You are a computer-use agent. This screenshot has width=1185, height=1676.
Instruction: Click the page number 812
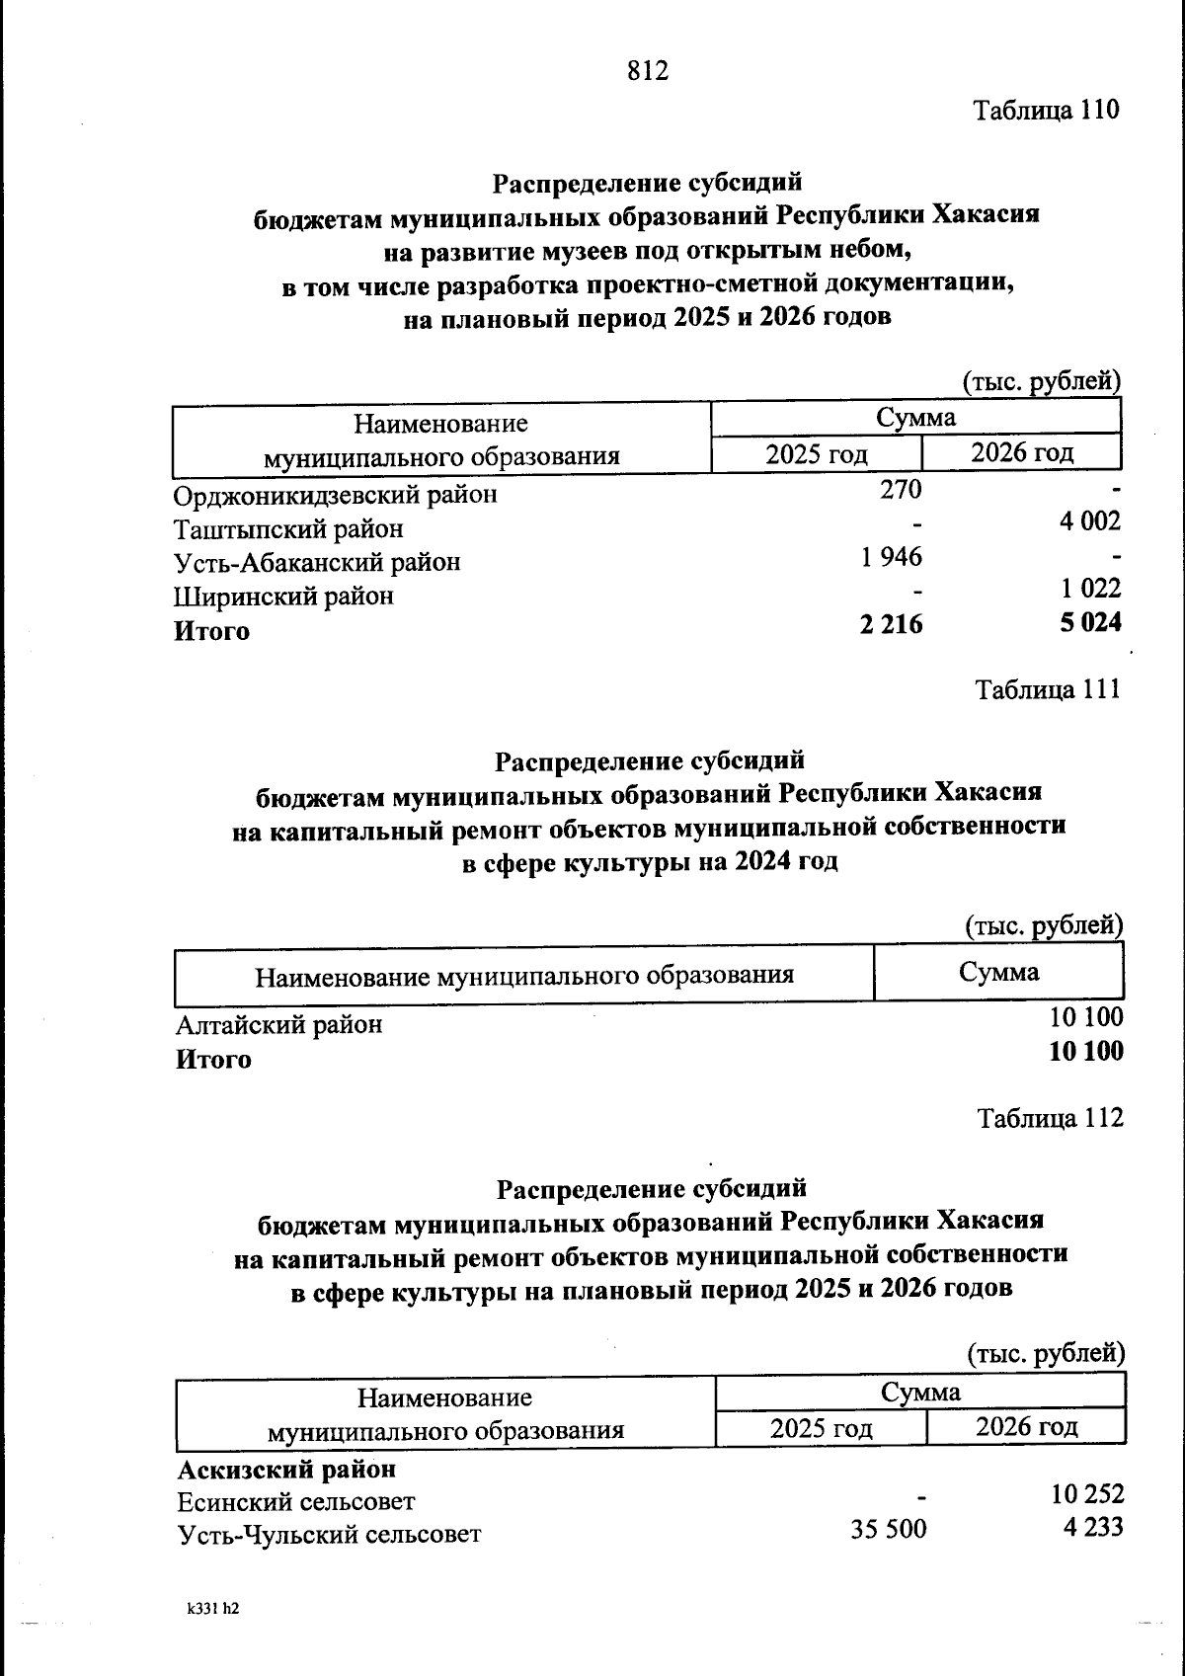(x=648, y=71)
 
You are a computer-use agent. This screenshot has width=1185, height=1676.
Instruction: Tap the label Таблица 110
(x=1047, y=110)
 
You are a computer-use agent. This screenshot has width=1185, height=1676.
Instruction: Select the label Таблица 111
(x=1048, y=689)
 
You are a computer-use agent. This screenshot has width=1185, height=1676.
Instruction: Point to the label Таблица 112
(x=1050, y=1118)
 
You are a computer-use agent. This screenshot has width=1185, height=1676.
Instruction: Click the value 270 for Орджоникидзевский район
(x=901, y=489)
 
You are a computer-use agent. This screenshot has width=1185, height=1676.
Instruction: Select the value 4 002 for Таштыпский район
(x=1090, y=521)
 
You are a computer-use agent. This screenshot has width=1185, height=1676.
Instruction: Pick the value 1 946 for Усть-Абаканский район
(x=891, y=557)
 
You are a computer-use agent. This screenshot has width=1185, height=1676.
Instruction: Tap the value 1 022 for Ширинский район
(x=1091, y=589)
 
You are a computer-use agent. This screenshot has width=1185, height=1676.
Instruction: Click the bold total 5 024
(x=1090, y=622)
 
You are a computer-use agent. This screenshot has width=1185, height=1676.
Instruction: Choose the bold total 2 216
(x=891, y=623)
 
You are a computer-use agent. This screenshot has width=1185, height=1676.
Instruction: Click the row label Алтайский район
(x=278, y=1025)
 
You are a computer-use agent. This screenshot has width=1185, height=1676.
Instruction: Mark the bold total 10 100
(x=1086, y=1051)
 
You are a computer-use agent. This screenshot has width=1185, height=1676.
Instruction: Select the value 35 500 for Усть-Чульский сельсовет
(x=889, y=1530)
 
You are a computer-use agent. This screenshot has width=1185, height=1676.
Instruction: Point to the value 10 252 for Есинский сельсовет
(x=1087, y=1494)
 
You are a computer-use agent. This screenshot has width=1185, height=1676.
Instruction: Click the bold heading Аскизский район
(x=286, y=1470)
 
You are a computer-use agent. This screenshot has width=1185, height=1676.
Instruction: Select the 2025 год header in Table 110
(x=817, y=454)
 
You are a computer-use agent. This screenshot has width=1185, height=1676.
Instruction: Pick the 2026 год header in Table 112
(x=1026, y=1426)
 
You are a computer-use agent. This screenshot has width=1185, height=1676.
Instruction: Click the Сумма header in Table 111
(x=998, y=972)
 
